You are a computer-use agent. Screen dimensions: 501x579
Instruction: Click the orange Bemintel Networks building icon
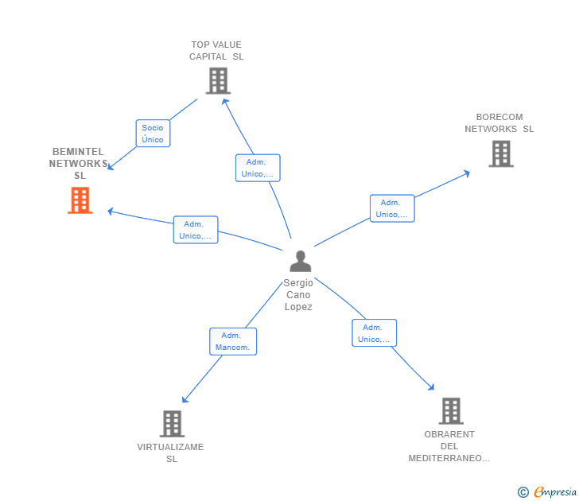coord(80,200)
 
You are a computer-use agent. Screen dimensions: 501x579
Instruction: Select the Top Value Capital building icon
coord(217,80)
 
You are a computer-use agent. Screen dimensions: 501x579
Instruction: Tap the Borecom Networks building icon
coord(500,153)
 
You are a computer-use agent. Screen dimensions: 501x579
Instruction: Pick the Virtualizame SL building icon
coord(172,424)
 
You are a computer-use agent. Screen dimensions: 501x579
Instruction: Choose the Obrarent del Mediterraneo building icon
coord(451,410)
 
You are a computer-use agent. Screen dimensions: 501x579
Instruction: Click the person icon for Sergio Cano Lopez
coord(300,261)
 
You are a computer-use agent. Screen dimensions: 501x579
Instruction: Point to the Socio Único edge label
coord(153,134)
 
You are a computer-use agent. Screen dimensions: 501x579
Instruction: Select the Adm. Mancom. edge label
coord(232,341)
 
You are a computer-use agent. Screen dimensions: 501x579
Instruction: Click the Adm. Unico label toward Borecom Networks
coord(391,208)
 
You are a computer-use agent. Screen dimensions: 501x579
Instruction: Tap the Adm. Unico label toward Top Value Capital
coord(258,168)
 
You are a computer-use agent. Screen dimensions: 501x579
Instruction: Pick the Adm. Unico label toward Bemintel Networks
coord(195,230)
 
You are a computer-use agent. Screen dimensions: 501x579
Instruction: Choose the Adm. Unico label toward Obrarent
coord(374,333)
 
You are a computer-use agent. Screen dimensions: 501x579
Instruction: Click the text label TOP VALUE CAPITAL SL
coord(216,51)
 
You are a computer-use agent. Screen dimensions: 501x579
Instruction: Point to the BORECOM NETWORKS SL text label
coord(499,123)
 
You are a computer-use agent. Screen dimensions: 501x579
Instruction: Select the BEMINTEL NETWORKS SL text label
coord(79,163)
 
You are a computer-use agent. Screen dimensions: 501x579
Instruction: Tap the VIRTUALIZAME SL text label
coord(171,452)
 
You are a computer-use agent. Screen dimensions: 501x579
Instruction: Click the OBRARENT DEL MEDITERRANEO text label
coord(449,446)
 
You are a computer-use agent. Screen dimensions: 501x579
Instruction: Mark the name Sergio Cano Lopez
coord(299,295)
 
